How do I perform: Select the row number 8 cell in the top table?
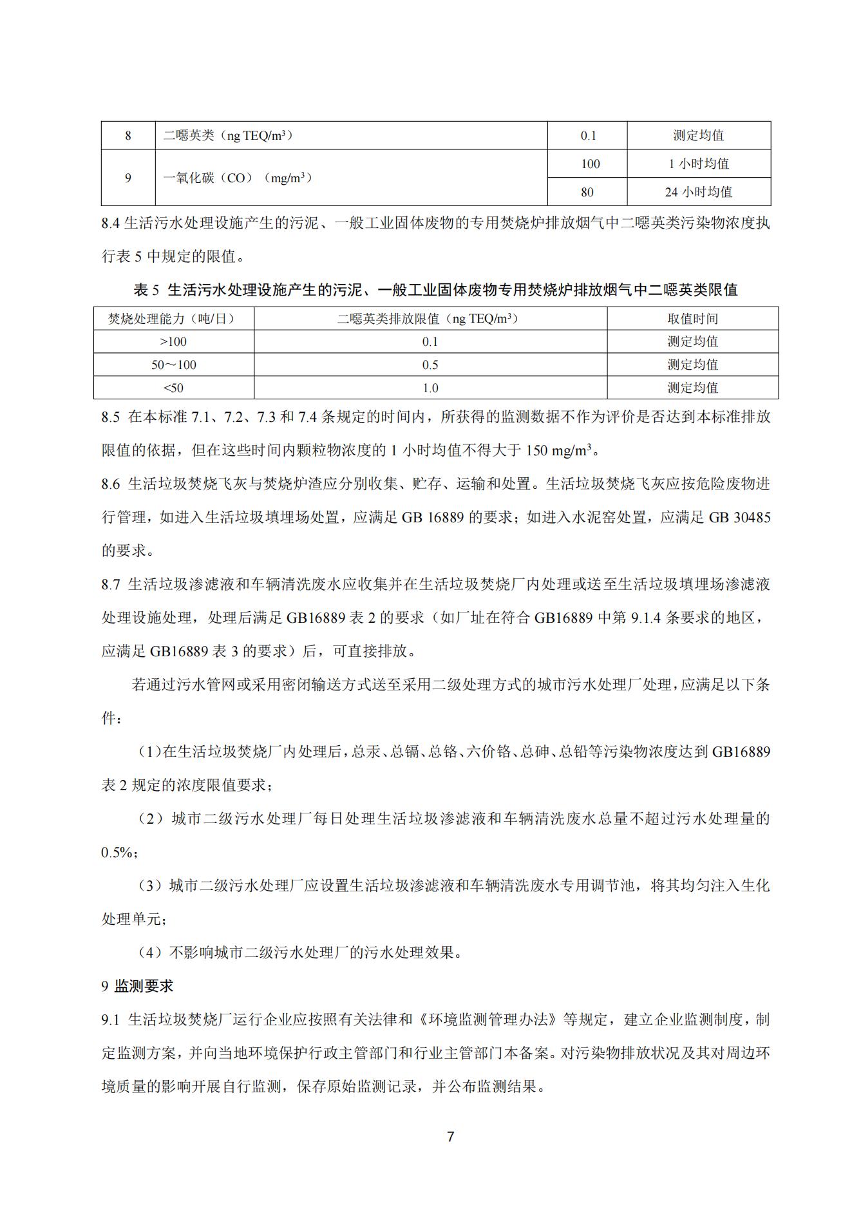click(x=128, y=135)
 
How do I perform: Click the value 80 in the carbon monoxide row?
click(x=587, y=192)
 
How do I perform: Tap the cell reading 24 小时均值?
click(x=698, y=192)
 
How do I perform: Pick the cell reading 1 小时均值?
click(x=698, y=164)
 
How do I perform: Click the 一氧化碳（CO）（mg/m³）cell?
click(x=237, y=178)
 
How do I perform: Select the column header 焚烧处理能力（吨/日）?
click(x=173, y=319)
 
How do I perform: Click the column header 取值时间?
click(x=692, y=319)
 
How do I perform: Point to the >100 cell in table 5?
click(x=173, y=341)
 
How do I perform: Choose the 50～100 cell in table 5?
click(x=173, y=365)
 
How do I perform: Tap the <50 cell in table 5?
click(x=173, y=388)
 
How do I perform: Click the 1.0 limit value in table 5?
click(x=430, y=388)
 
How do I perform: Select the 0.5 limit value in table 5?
click(x=430, y=365)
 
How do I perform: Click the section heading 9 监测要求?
click(x=137, y=986)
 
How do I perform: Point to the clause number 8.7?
click(x=111, y=584)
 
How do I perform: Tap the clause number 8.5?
click(x=111, y=417)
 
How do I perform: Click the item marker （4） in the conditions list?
click(x=151, y=953)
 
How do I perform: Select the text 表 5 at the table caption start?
click(x=146, y=290)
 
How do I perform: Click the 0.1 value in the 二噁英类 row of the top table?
click(x=588, y=135)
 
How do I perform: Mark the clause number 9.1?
click(x=111, y=1020)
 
